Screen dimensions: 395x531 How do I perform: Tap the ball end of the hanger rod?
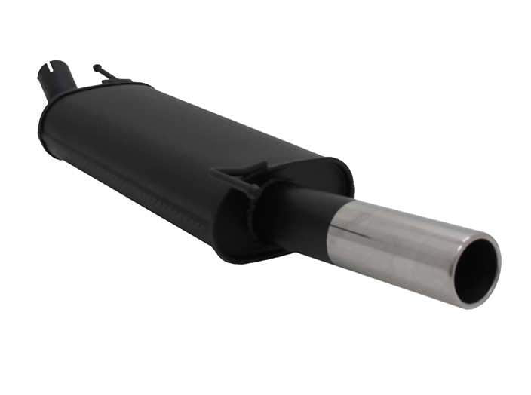(x=97, y=67)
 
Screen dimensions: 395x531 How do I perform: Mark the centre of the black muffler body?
(x=173, y=158)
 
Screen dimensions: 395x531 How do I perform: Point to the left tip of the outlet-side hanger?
(x=214, y=172)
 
